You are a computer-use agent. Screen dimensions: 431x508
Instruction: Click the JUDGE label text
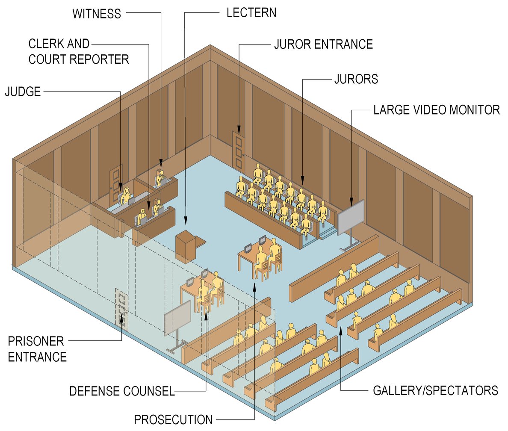click(x=23, y=92)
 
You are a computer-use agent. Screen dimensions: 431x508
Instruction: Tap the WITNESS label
click(x=97, y=14)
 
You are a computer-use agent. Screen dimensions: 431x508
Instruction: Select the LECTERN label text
click(x=251, y=12)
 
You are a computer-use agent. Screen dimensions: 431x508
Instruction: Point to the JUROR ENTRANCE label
click(x=323, y=44)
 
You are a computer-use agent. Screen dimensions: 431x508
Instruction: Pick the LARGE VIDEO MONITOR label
click(x=437, y=110)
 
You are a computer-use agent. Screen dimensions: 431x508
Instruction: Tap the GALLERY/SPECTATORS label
click(x=436, y=390)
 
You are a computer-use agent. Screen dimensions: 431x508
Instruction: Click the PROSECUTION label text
click(x=173, y=419)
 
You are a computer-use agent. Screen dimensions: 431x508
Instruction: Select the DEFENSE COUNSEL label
click(x=122, y=391)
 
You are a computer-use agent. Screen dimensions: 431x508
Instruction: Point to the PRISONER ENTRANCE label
click(x=37, y=348)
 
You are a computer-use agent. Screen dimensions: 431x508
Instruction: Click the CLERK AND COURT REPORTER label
click(x=78, y=51)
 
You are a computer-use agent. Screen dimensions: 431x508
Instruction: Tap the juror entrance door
click(x=238, y=150)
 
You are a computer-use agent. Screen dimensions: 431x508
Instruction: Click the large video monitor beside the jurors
click(x=351, y=217)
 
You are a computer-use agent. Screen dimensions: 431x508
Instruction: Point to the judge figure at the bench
click(x=126, y=197)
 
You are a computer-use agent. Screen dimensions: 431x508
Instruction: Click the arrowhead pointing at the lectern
click(x=186, y=221)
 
